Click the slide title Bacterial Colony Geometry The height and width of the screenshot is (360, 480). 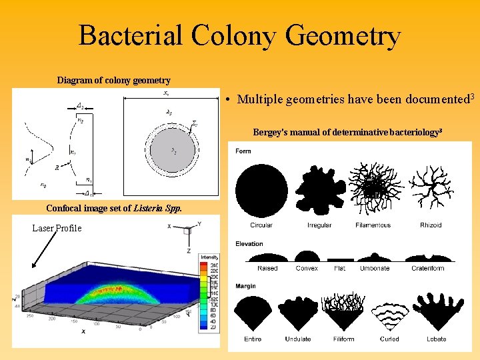pos(239,35)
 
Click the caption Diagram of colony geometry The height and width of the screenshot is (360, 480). pos(113,81)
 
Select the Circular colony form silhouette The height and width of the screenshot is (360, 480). pos(261,190)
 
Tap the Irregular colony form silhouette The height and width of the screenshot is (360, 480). pos(319,190)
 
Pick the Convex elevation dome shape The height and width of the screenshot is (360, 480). pos(307,257)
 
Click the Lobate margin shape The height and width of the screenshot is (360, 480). pos(436,312)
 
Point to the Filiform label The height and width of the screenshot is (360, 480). pos(343,339)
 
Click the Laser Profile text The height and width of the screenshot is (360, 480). pos(57,228)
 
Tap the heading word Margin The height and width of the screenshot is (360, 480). pos(246,286)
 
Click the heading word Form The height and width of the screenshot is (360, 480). pos(243,151)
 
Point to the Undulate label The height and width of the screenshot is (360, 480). pos(298,339)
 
